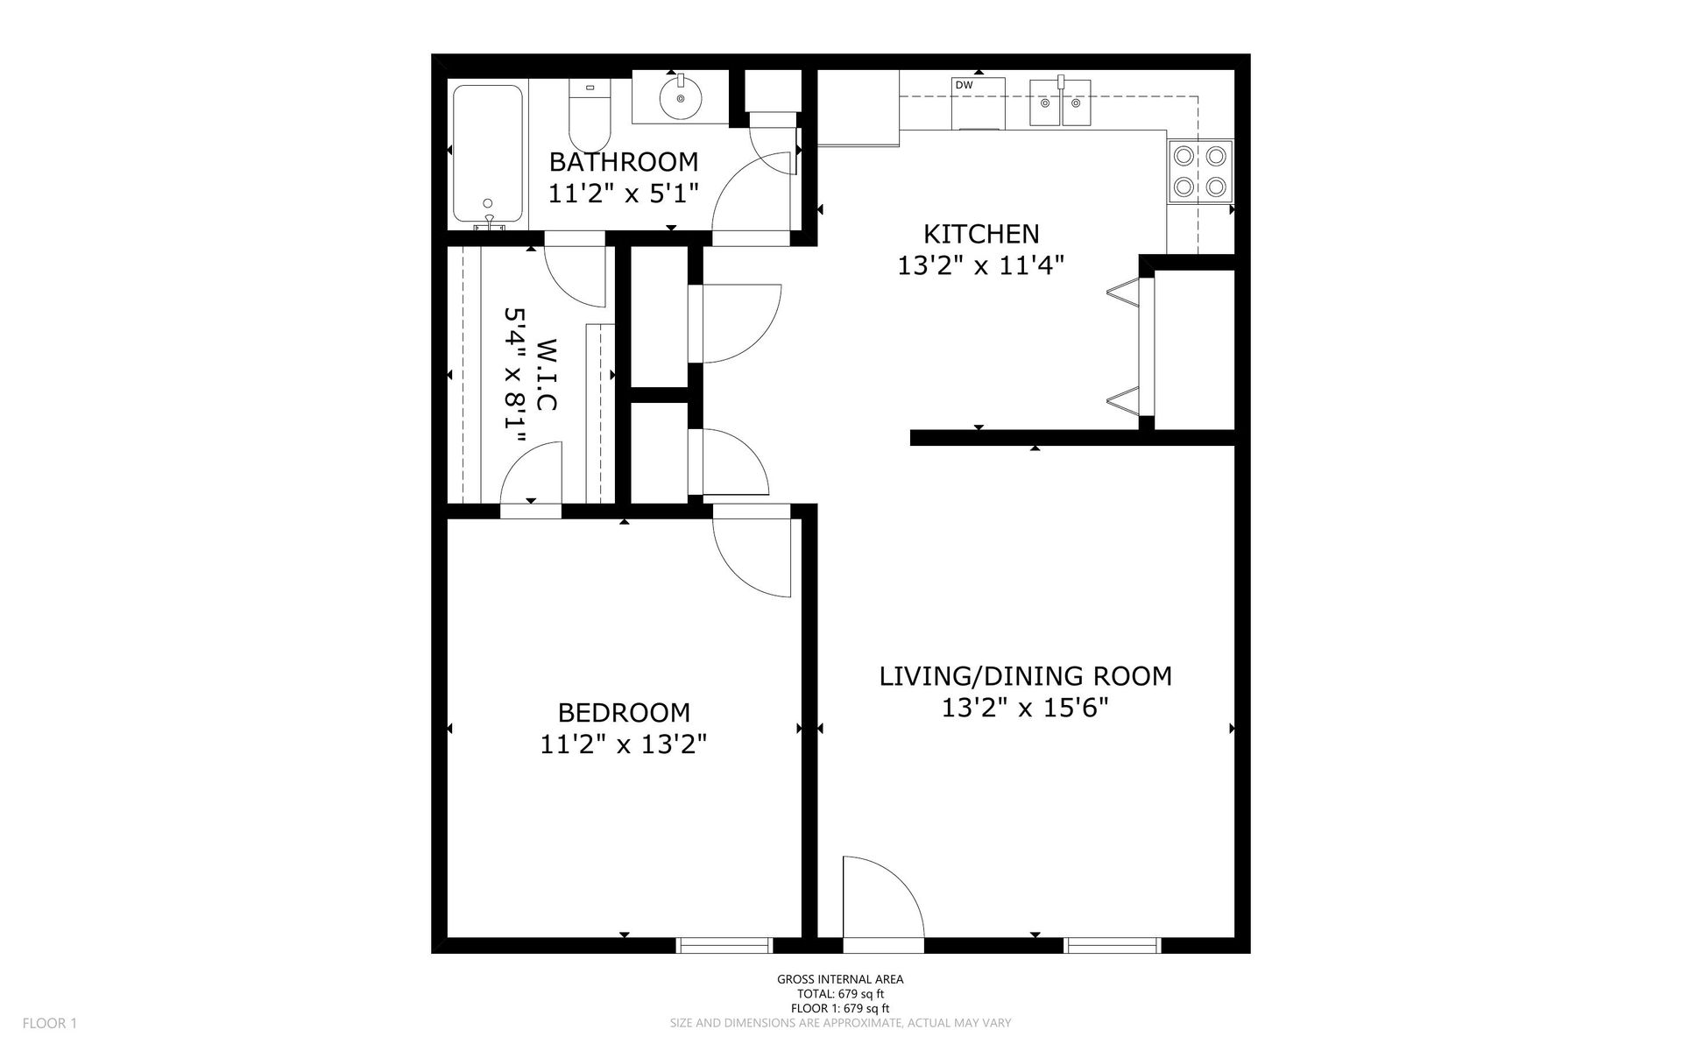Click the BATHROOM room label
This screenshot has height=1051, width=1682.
[x=624, y=162]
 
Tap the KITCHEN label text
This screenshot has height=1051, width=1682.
[x=981, y=234]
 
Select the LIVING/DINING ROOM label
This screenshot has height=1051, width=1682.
[x=1026, y=676]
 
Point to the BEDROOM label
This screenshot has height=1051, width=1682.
[x=624, y=712]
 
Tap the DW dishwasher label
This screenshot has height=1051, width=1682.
[x=964, y=85]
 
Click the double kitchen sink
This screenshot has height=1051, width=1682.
[x=1060, y=102]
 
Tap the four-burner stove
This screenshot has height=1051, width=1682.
[x=1200, y=171]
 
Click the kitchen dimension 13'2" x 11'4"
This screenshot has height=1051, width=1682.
[x=981, y=265]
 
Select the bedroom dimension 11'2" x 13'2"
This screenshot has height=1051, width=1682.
[x=624, y=744]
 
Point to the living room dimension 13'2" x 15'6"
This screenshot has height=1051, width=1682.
[x=1026, y=708]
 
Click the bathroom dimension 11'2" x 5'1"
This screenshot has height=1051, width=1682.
[x=624, y=193]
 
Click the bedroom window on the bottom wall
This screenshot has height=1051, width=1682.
[x=724, y=945]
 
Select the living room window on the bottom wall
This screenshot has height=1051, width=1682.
[x=1113, y=945]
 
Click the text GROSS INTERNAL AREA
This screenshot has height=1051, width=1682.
[x=840, y=980]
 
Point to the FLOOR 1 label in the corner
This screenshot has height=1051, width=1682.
[x=50, y=1023]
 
